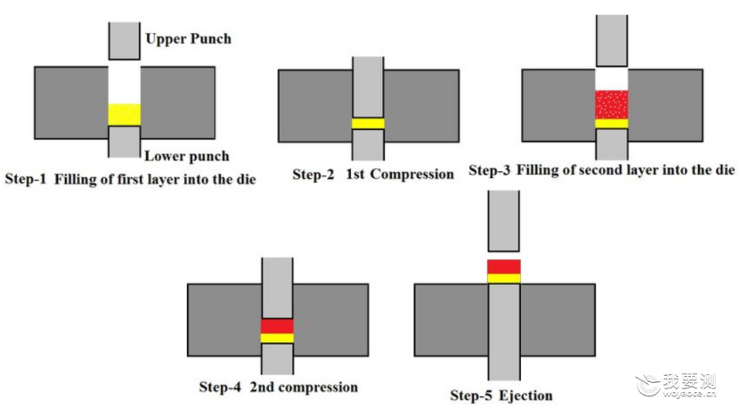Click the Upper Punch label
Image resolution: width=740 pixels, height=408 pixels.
coord(188,38)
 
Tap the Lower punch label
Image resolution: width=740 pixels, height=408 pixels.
coord(187,156)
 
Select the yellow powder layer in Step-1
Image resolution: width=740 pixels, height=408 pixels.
coord(124,115)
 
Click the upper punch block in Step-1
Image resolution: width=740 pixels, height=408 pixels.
coord(124,41)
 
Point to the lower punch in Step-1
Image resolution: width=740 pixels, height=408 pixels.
coord(124,142)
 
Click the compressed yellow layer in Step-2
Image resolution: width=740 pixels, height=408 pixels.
coord(368,123)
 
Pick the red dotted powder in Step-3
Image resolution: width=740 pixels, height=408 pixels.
coord(612,104)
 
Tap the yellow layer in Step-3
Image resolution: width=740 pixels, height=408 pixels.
coord(612,124)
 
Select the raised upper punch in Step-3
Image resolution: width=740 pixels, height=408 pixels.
coord(612,41)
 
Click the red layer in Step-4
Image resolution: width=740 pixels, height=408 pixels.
coord(277,326)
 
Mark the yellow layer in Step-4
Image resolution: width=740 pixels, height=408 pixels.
coord(277,339)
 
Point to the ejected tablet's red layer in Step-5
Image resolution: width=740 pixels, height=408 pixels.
coord(504,267)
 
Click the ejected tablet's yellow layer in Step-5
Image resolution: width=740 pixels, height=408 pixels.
coord(504,279)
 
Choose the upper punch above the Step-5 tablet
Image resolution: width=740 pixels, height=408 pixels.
coord(504,221)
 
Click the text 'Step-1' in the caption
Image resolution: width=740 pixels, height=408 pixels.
coord(26,179)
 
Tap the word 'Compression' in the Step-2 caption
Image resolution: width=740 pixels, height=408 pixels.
coord(412,175)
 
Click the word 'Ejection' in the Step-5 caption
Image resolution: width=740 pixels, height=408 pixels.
coord(525,396)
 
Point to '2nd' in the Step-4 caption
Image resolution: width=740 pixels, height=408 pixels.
coord(262,387)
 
